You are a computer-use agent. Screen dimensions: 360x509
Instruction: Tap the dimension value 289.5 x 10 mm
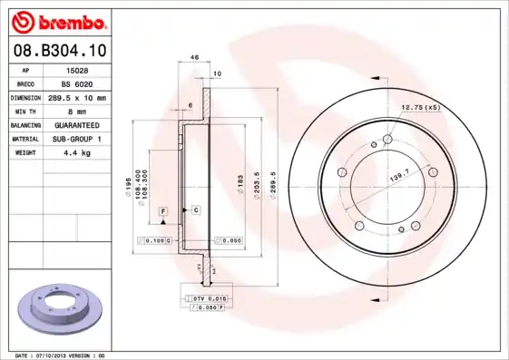78,96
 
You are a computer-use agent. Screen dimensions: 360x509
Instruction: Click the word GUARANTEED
76,124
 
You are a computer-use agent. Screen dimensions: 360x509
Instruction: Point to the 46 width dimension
194,57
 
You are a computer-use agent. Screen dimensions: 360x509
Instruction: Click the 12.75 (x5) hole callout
420,109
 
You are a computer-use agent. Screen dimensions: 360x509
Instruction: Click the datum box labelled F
164,210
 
